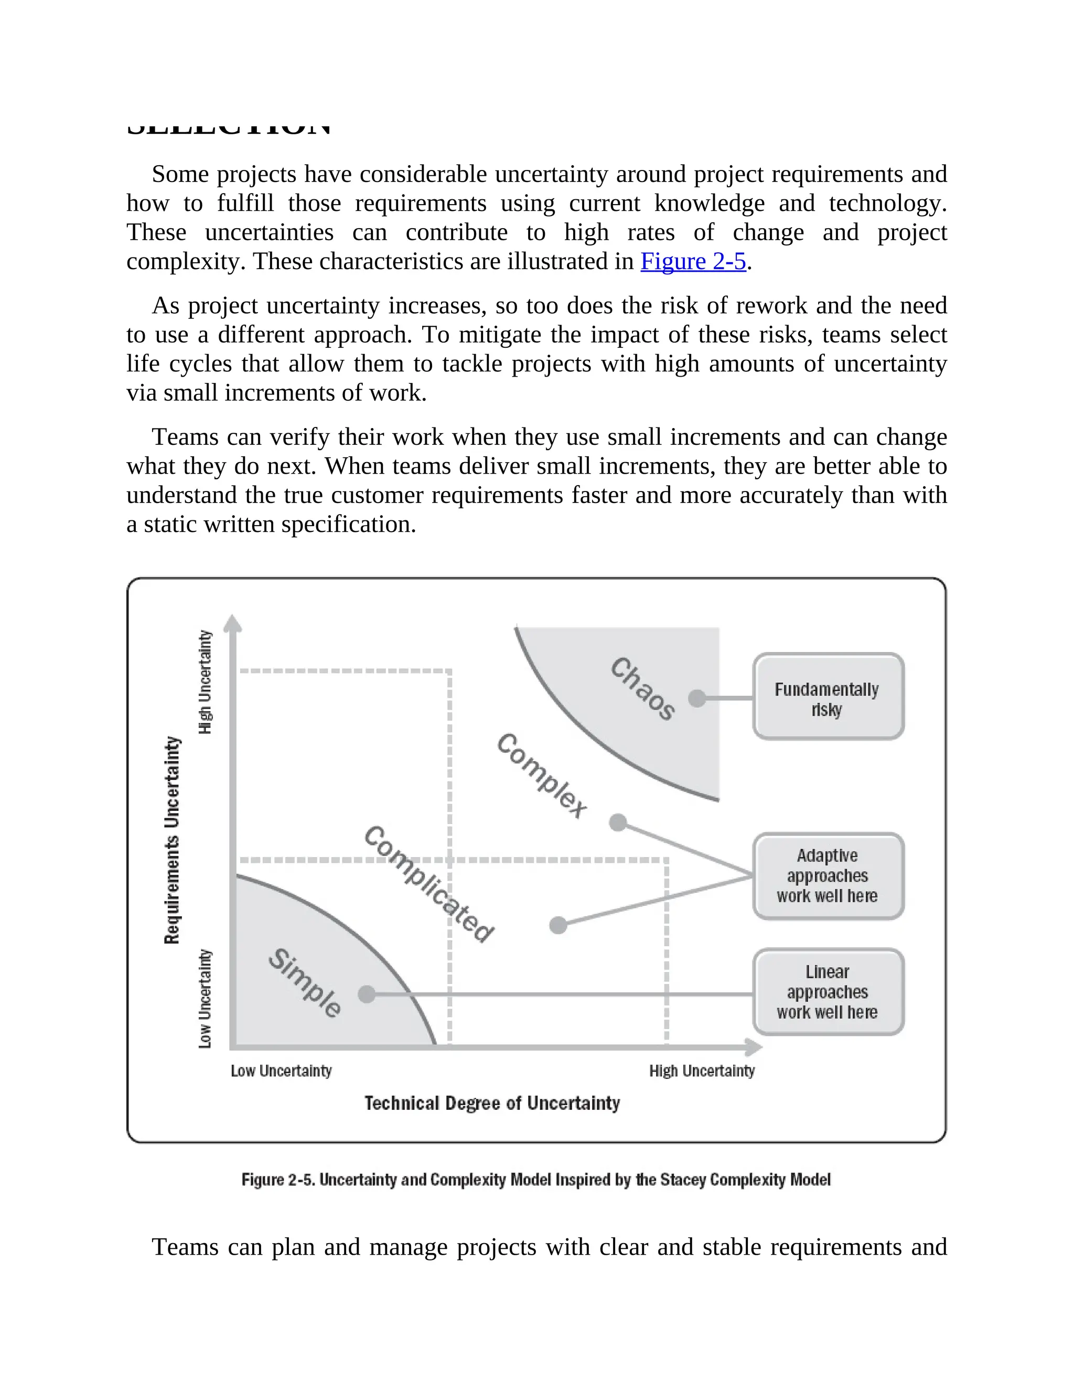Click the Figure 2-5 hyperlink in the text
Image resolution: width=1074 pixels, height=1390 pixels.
pos(693,262)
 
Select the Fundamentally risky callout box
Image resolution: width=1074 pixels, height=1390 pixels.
pos(828,697)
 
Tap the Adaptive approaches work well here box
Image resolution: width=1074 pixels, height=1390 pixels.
pos(828,876)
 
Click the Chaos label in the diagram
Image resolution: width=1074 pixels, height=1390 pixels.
pos(642,689)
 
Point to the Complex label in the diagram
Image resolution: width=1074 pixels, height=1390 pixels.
pos(541,776)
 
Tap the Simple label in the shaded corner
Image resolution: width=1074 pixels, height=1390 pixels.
pos(305,983)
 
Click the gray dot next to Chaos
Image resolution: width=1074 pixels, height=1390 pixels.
pos(697,698)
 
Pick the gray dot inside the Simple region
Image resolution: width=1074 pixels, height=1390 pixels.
pos(367,994)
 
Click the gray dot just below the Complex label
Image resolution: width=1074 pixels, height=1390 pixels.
pos(617,822)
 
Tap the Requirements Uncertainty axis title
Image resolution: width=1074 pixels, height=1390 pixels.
pos(173,840)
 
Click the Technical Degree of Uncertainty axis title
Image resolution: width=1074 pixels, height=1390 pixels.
pos(492,1103)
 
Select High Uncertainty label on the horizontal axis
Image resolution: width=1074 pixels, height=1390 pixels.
pos(702,1071)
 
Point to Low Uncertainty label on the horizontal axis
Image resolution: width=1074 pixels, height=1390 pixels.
pos(281,1071)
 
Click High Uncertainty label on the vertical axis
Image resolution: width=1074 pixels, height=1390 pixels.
pos(205,682)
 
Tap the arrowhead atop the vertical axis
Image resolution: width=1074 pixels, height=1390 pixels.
pos(233,623)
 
